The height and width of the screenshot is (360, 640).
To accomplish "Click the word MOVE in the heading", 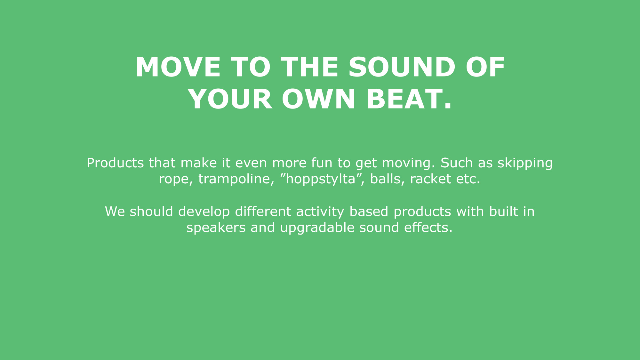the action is (178, 67).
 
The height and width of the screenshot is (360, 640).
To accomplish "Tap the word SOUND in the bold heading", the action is (402, 67).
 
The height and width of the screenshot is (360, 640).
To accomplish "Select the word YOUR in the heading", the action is (230, 99).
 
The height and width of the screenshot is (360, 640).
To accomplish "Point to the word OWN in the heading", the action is (319, 99).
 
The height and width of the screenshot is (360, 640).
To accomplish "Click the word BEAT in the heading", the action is (404, 99).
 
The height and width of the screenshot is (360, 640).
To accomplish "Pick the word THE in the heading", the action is (309, 67).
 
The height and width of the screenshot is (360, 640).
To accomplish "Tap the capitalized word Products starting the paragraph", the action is (115, 163).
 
